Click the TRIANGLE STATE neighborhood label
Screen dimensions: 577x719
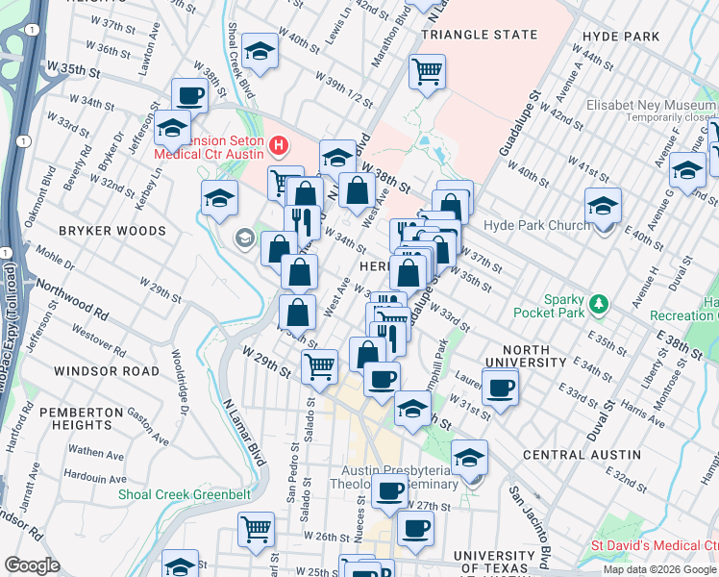480,35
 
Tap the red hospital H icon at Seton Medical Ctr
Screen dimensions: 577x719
279,146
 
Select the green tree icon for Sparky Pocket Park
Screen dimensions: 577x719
600,305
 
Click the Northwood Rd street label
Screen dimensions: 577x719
73,298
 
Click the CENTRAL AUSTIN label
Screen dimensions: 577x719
582,454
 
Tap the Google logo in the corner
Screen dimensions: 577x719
33,565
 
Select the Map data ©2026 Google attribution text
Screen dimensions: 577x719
659,569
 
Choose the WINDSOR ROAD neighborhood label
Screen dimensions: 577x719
107,370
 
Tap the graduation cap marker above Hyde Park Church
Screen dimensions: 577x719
603,206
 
